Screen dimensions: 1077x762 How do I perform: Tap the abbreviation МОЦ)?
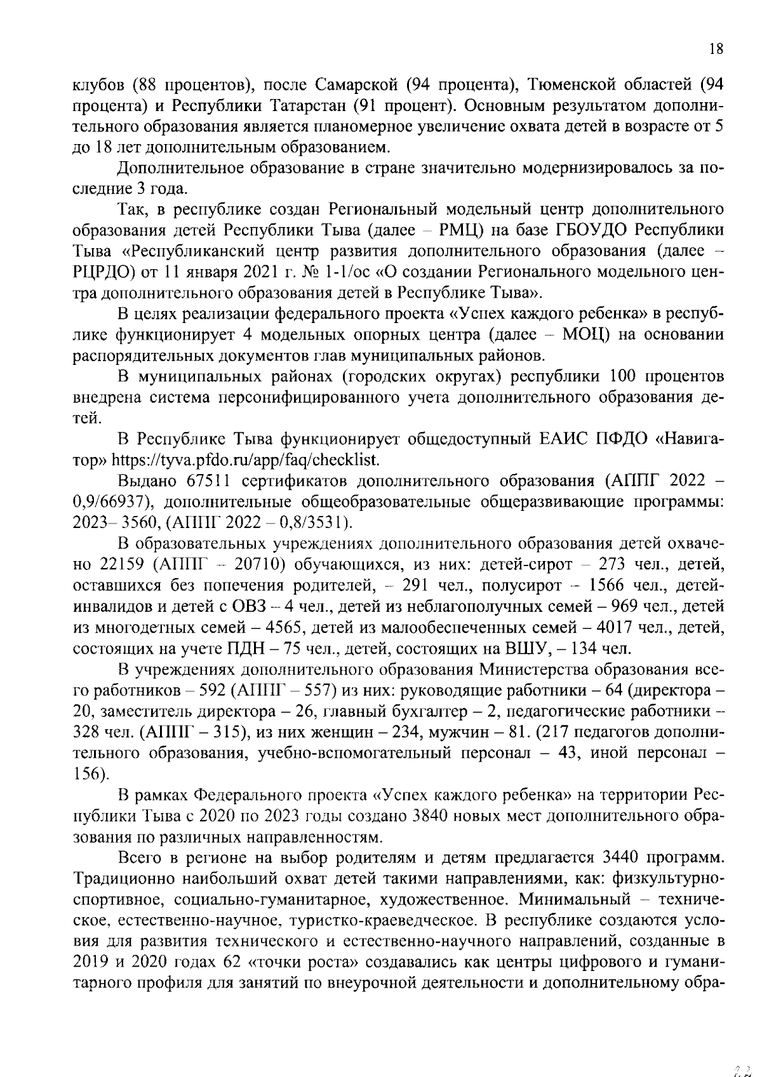point(587,334)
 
